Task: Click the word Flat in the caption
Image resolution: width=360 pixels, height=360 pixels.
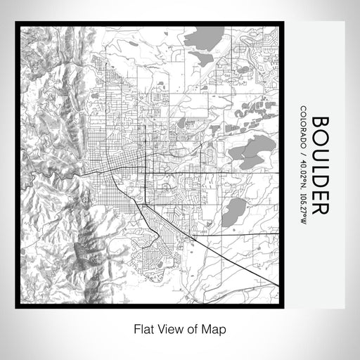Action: point(143,328)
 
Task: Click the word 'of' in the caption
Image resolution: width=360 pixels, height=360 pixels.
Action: point(193,328)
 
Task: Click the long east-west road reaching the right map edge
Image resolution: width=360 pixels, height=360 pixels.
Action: point(232,172)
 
